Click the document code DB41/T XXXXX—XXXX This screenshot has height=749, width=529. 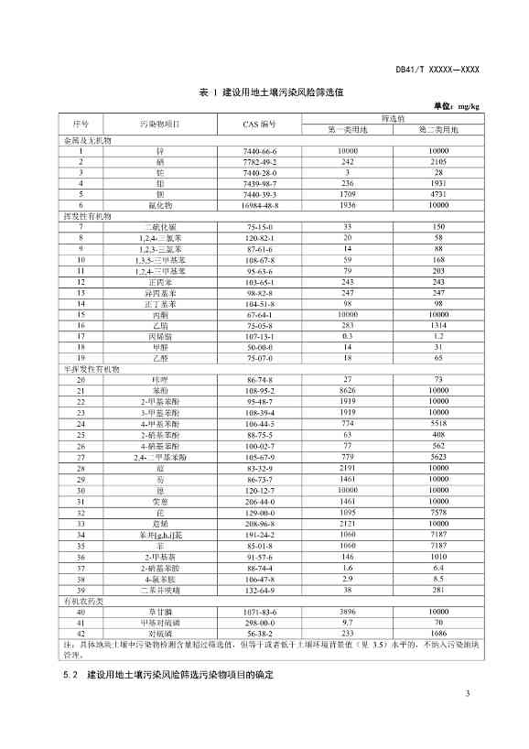437,69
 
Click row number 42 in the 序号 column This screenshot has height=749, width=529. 81,632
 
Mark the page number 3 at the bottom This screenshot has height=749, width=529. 467,719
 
